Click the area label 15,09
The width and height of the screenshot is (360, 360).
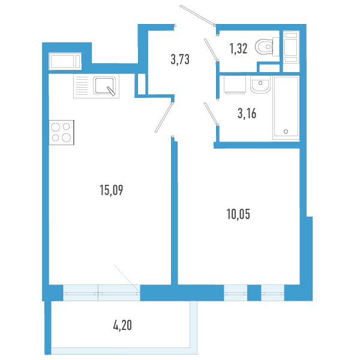coord(112,190)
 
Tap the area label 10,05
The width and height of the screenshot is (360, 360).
coord(238,214)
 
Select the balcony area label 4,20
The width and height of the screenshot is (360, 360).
coord(122,325)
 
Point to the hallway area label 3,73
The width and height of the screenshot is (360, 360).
coord(180,59)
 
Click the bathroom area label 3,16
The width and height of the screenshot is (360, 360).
coord(247,113)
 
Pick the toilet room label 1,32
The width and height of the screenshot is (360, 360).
coord(238,49)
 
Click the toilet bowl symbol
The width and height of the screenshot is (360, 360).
coord(267,47)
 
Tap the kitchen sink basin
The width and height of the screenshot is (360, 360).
coord(104,85)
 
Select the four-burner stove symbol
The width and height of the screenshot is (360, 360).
coord(61,133)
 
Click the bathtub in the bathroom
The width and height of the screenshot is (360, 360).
coord(286,107)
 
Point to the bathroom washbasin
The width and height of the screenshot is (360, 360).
coord(260,84)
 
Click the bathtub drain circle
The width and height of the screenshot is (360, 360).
coord(286,131)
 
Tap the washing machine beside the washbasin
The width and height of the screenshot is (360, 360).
coord(235,85)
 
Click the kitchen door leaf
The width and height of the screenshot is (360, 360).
coord(164,118)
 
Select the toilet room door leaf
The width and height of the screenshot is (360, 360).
coord(211,49)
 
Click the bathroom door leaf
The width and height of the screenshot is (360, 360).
coord(211,114)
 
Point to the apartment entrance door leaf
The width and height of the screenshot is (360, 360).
coord(197,14)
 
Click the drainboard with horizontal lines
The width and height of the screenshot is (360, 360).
coord(82,86)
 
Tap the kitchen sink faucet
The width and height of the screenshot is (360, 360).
coord(110,91)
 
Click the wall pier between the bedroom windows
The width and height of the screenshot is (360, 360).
coord(254,293)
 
